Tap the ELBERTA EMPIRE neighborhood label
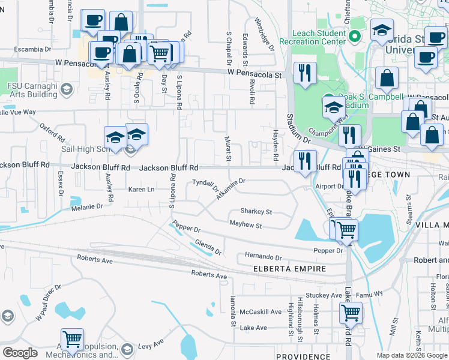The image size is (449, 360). click(x=289, y=269)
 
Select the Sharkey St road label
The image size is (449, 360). click(x=256, y=212)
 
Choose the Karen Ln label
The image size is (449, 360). click(x=141, y=190)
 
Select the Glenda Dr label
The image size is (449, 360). click(x=208, y=246)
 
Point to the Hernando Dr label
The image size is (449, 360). click(x=263, y=257)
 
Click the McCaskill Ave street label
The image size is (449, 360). click(x=261, y=312)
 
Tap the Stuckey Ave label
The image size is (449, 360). click(x=324, y=295)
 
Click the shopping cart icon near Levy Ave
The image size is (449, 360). click(x=72, y=339)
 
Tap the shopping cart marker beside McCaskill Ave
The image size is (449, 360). click(x=351, y=311)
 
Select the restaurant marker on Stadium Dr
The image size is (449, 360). click(x=305, y=73)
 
